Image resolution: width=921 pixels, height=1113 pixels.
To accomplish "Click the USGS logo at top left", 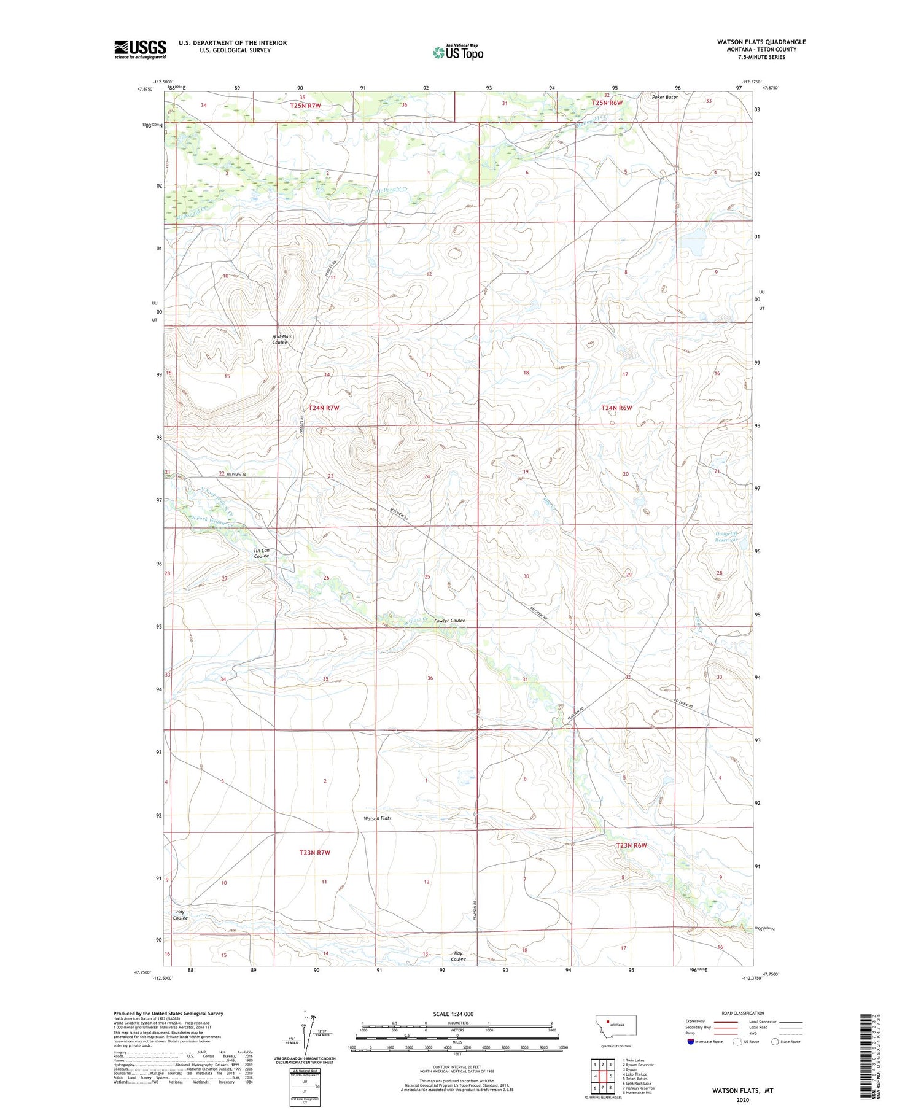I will coord(140,49).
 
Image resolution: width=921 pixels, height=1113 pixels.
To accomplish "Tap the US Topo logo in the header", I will coord(458,53).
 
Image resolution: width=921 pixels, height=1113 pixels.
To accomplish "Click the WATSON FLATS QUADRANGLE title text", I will coord(761,42).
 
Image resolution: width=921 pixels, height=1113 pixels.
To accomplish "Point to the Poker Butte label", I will coord(665,97).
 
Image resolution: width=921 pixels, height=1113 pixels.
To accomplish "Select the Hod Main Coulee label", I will coord(282,339).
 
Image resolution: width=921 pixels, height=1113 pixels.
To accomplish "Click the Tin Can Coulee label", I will coord(262,553).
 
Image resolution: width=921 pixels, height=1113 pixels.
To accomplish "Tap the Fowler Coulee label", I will coord(449,621).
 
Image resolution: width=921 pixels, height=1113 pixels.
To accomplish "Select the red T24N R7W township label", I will coord(324,408).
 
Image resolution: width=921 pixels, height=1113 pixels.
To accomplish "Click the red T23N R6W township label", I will coord(631,845).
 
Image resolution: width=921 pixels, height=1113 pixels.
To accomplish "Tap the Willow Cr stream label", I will coord(415,622).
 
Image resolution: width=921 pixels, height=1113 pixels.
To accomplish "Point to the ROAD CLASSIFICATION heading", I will coord(742,1013).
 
